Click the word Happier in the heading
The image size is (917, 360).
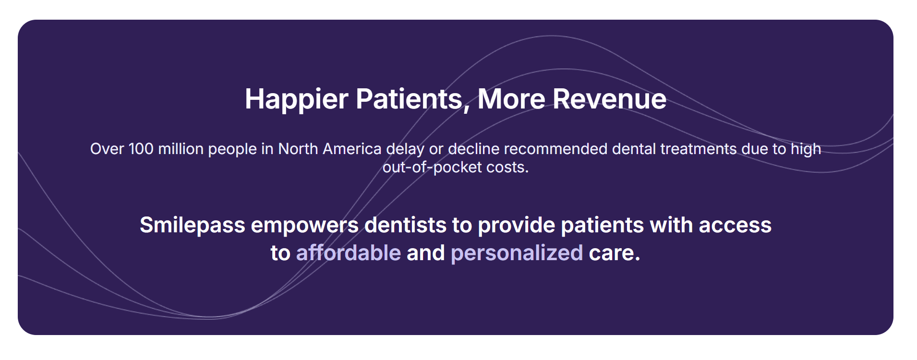click(x=296, y=99)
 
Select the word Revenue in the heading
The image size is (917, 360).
click(x=609, y=99)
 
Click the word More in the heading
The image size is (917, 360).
click(x=511, y=99)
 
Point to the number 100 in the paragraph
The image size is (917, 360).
click(x=141, y=149)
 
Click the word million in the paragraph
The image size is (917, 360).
click(x=181, y=149)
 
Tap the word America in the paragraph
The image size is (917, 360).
click(x=352, y=149)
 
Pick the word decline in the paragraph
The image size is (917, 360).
click(x=473, y=149)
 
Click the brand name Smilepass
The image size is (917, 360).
click(x=192, y=225)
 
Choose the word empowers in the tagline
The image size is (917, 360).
click(x=305, y=225)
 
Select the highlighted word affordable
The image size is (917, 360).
click(x=348, y=253)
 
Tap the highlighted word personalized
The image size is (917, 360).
click(x=517, y=253)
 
